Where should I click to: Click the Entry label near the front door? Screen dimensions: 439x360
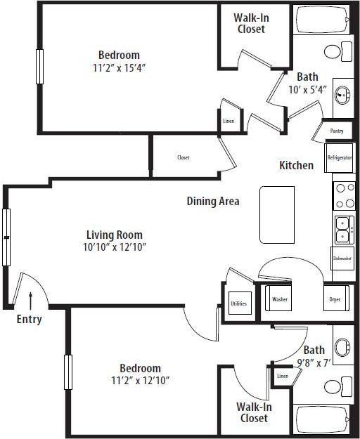point(29,320)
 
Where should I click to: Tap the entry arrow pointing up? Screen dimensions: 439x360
point(30,300)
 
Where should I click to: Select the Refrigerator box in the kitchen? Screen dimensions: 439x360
point(339,158)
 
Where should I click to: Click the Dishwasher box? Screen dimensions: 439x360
point(342,258)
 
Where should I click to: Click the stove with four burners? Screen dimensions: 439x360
point(344,195)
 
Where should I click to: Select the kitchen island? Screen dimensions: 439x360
point(276,214)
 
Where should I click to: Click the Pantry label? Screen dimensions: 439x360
point(337,131)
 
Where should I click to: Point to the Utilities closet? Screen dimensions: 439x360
point(238,303)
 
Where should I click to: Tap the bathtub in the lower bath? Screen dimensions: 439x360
point(323,420)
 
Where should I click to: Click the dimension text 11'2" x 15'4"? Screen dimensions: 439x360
point(118,67)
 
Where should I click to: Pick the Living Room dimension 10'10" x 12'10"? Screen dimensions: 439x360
point(115,247)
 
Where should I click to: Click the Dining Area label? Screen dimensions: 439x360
point(213,201)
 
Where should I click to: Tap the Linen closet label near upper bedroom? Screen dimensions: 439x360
point(229,122)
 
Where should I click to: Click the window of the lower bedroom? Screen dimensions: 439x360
point(68,376)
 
